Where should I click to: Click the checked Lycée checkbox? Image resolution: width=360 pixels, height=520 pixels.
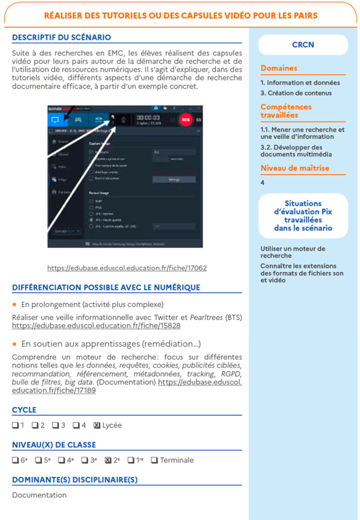pos(97,426)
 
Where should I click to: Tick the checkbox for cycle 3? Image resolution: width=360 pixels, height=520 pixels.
pos(56,426)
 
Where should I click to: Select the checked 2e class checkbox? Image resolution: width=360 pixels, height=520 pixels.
pos(108,460)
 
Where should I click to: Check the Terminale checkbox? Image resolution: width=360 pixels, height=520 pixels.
pos(154,460)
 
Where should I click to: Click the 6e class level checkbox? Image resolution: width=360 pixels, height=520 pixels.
pos(15,460)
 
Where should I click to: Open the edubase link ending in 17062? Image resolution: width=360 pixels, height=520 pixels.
pos(127,268)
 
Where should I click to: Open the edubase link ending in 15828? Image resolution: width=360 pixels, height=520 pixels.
pos(96,325)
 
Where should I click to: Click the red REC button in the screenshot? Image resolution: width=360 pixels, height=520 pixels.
pos(186,119)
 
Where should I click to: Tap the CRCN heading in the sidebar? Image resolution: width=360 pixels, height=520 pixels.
pos(303,45)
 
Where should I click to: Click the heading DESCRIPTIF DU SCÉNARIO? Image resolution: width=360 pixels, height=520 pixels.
pos(62,38)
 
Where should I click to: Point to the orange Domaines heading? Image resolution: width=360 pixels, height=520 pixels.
pos(279,68)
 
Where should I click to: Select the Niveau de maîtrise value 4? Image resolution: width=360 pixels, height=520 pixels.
pos(262,183)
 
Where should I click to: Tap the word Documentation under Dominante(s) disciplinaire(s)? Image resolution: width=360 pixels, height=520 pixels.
pos(39,495)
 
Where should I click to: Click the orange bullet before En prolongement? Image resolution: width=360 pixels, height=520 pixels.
pos(15,304)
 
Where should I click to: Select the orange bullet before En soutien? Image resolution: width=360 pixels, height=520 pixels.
pos(15,344)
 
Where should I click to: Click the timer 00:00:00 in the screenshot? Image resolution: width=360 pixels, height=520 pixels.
pos(148,117)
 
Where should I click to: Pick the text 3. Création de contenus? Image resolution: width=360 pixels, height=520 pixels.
pos(296,93)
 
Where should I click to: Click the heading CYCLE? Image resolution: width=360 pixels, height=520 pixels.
pos(24,410)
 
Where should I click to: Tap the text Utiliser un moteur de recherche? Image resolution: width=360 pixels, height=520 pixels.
pos(293,252)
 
